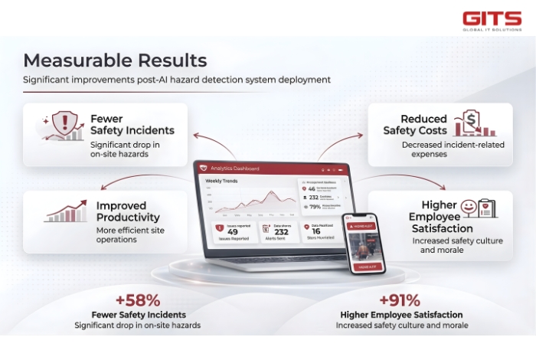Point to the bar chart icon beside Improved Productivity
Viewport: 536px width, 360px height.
tap(65, 213)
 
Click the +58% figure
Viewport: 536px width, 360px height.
tap(138, 300)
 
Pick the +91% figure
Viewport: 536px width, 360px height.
tap(399, 300)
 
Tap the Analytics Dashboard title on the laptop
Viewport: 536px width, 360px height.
tap(236, 169)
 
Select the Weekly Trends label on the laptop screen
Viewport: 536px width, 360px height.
tap(221, 182)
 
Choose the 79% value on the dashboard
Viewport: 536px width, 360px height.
tap(314, 206)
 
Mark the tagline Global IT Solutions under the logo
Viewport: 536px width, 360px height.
tap(492, 30)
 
